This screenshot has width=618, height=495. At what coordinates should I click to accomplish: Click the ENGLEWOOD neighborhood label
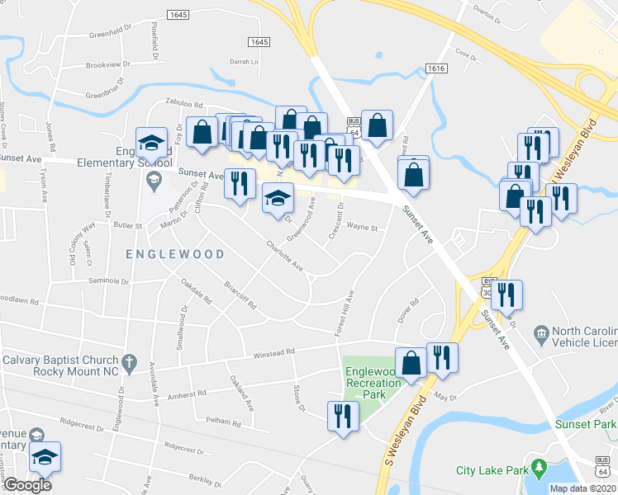point(175,254)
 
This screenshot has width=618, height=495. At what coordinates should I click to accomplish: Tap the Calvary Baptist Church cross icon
point(128,362)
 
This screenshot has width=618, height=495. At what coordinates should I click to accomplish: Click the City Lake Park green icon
point(539,470)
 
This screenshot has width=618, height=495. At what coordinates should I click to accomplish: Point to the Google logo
point(27,485)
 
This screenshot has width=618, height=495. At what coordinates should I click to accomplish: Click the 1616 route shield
point(436,69)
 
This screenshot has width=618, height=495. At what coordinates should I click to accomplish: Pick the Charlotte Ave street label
point(284,257)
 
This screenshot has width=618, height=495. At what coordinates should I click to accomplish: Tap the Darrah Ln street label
point(245,61)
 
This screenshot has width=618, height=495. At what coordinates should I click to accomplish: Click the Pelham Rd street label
point(223,422)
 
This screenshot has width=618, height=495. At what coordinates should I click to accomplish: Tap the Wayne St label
point(362,227)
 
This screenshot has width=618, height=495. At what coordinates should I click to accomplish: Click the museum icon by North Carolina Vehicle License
point(541,333)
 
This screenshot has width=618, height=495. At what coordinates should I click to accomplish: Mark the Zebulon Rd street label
point(183,105)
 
